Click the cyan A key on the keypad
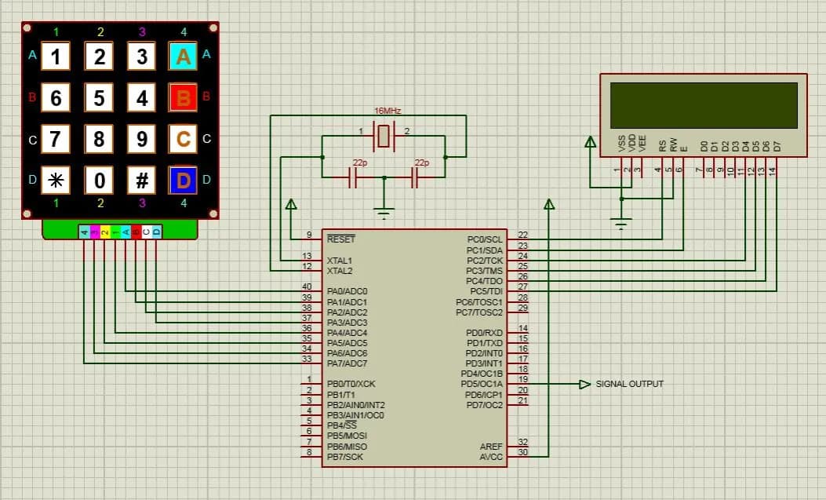point(183,57)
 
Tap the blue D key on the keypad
point(183,181)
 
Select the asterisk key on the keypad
point(55,181)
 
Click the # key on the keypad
point(141,181)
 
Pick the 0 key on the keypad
point(99,181)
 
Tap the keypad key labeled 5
point(99,98)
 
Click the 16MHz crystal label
point(388,111)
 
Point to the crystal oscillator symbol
point(384,137)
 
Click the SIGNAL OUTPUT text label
point(629,384)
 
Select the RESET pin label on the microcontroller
point(340,239)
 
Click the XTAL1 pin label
point(339,260)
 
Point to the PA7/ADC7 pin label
point(347,363)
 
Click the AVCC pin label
point(491,456)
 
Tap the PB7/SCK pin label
point(345,456)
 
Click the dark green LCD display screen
point(704,105)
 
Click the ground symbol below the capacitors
point(384,211)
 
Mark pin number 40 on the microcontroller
point(307,286)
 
